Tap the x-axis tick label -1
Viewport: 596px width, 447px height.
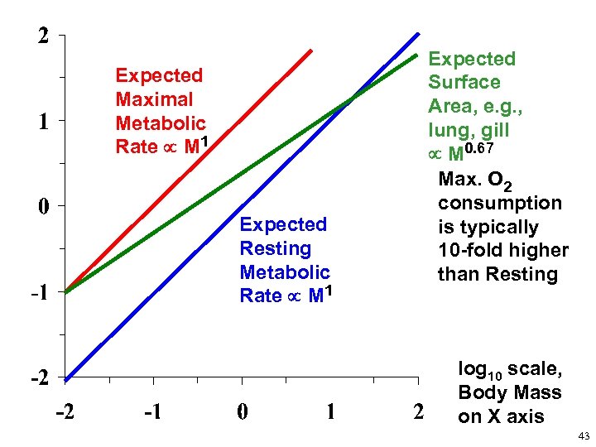tap(152, 411)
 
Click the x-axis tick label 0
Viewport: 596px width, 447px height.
tap(241, 411)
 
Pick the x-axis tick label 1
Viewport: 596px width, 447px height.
tap(330, 411)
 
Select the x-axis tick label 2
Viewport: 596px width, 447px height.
tap(418, 411)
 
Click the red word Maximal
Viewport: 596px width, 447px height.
tap(155, 100)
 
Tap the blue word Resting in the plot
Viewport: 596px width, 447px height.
tap(275, 248)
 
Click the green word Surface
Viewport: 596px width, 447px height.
tap(464, 83)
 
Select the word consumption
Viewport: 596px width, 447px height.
tap(500, 204)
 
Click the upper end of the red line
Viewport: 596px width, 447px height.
tap(311, 50)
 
